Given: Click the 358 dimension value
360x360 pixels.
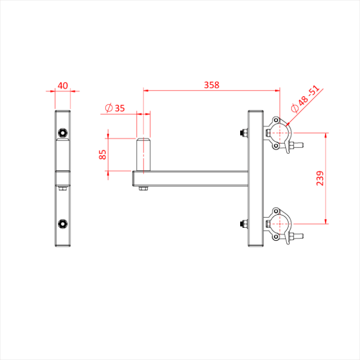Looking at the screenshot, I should [211, 85].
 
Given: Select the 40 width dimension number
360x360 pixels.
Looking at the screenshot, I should [63, 85].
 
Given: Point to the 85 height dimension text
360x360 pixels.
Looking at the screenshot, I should [103, 154].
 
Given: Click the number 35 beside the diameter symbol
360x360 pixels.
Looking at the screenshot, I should [119, 108].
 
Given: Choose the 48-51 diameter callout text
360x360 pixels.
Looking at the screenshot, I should [309, 98].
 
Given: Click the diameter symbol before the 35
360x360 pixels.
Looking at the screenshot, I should [109, 108].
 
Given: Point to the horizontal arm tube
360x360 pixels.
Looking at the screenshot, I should [190, 178].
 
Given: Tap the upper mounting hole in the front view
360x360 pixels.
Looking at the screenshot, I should [63, 133].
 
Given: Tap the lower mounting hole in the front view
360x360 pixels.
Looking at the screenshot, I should [63, 223].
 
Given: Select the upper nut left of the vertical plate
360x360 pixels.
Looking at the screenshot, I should [243, 134].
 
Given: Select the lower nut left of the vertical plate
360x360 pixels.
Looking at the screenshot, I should [243, 224].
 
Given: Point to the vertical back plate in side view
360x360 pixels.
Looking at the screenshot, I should [255, 180].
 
